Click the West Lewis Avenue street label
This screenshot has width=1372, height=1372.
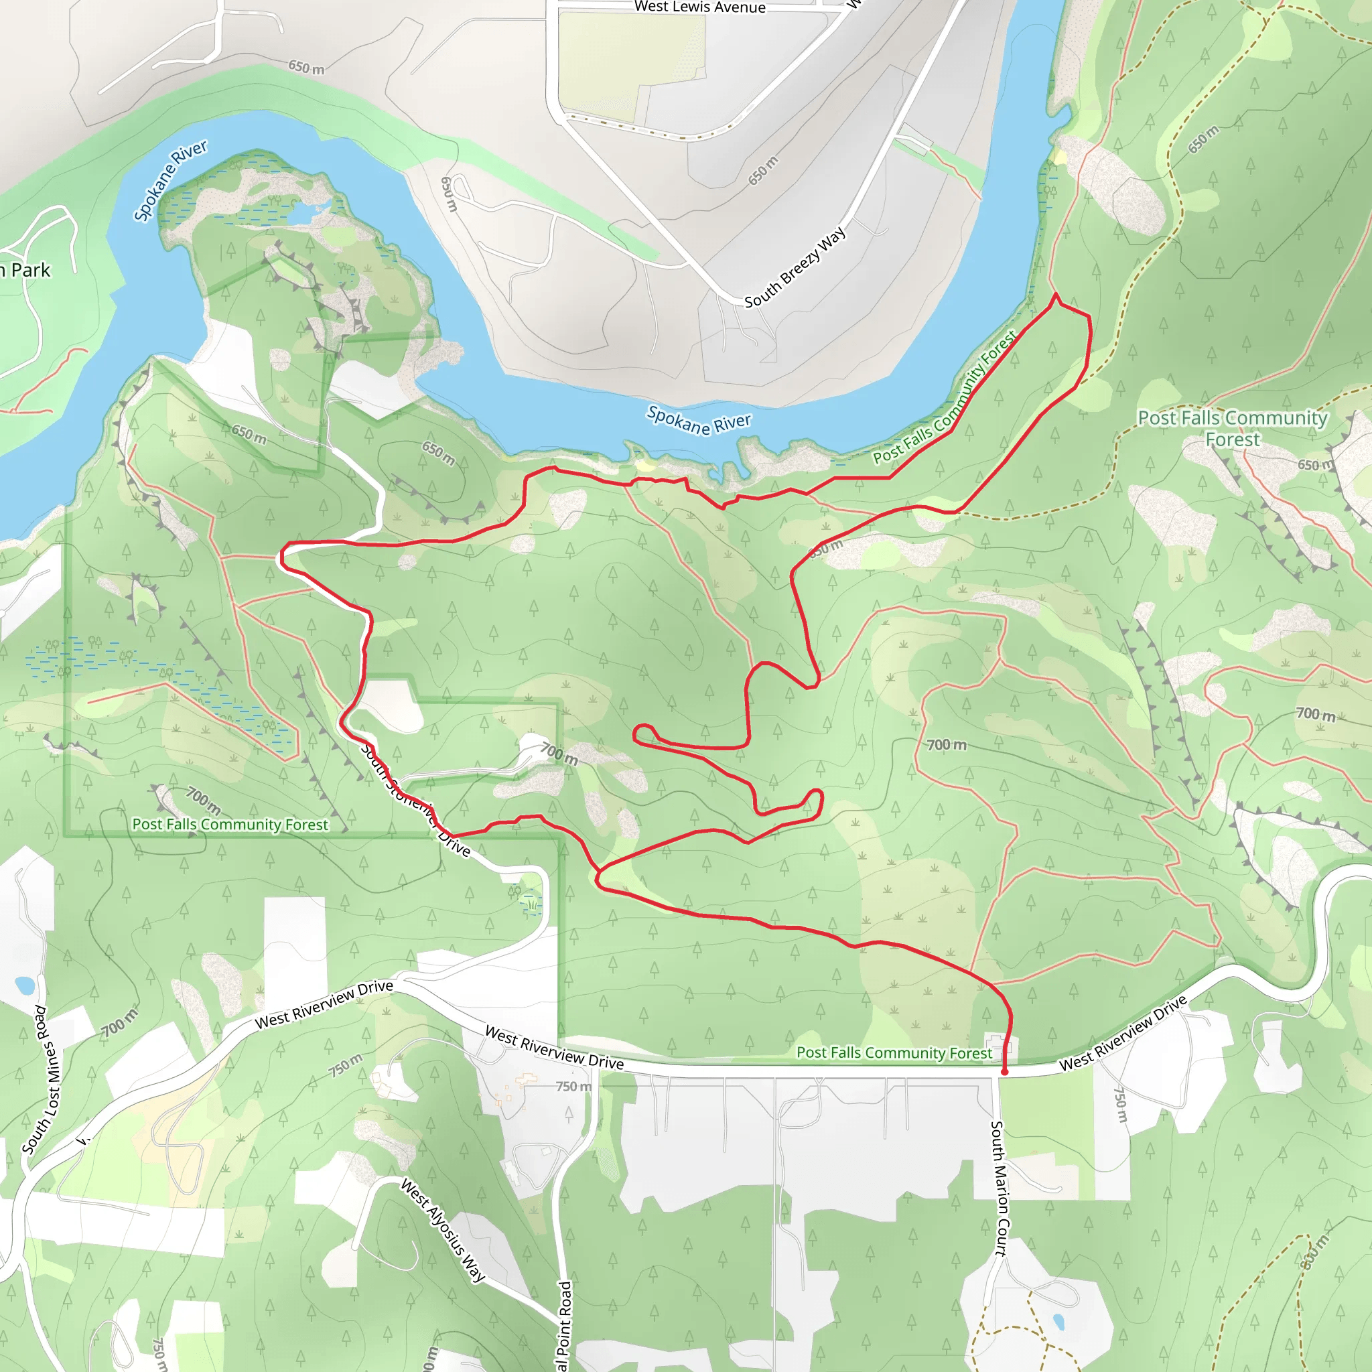[x=699, y=7]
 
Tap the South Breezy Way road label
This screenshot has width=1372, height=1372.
[x=795, y=267]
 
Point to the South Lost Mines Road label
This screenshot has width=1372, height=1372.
[x=45, y=1079]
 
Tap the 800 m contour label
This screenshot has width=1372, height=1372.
[x=1314, y=1253]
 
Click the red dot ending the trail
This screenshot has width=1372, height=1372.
[x=1004, y=1072]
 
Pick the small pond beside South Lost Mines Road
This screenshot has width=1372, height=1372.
[x=24, y=985]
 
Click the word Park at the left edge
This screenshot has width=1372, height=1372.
[x=31, y=271]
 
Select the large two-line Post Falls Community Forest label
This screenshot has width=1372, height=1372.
[x=1232, y=428]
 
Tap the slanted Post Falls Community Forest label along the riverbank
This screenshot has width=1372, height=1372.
[x=945, y=399]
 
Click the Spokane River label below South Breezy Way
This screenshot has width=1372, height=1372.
[x=698, y=421]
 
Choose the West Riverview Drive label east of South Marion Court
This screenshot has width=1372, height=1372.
[x=1123, y=1033]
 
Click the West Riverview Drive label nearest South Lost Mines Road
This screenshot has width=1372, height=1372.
[x=324, y=1005]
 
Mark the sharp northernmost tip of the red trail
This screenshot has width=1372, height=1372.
[x=1056, y=294]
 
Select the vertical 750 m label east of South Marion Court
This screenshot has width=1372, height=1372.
[x=1120, y=1104]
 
